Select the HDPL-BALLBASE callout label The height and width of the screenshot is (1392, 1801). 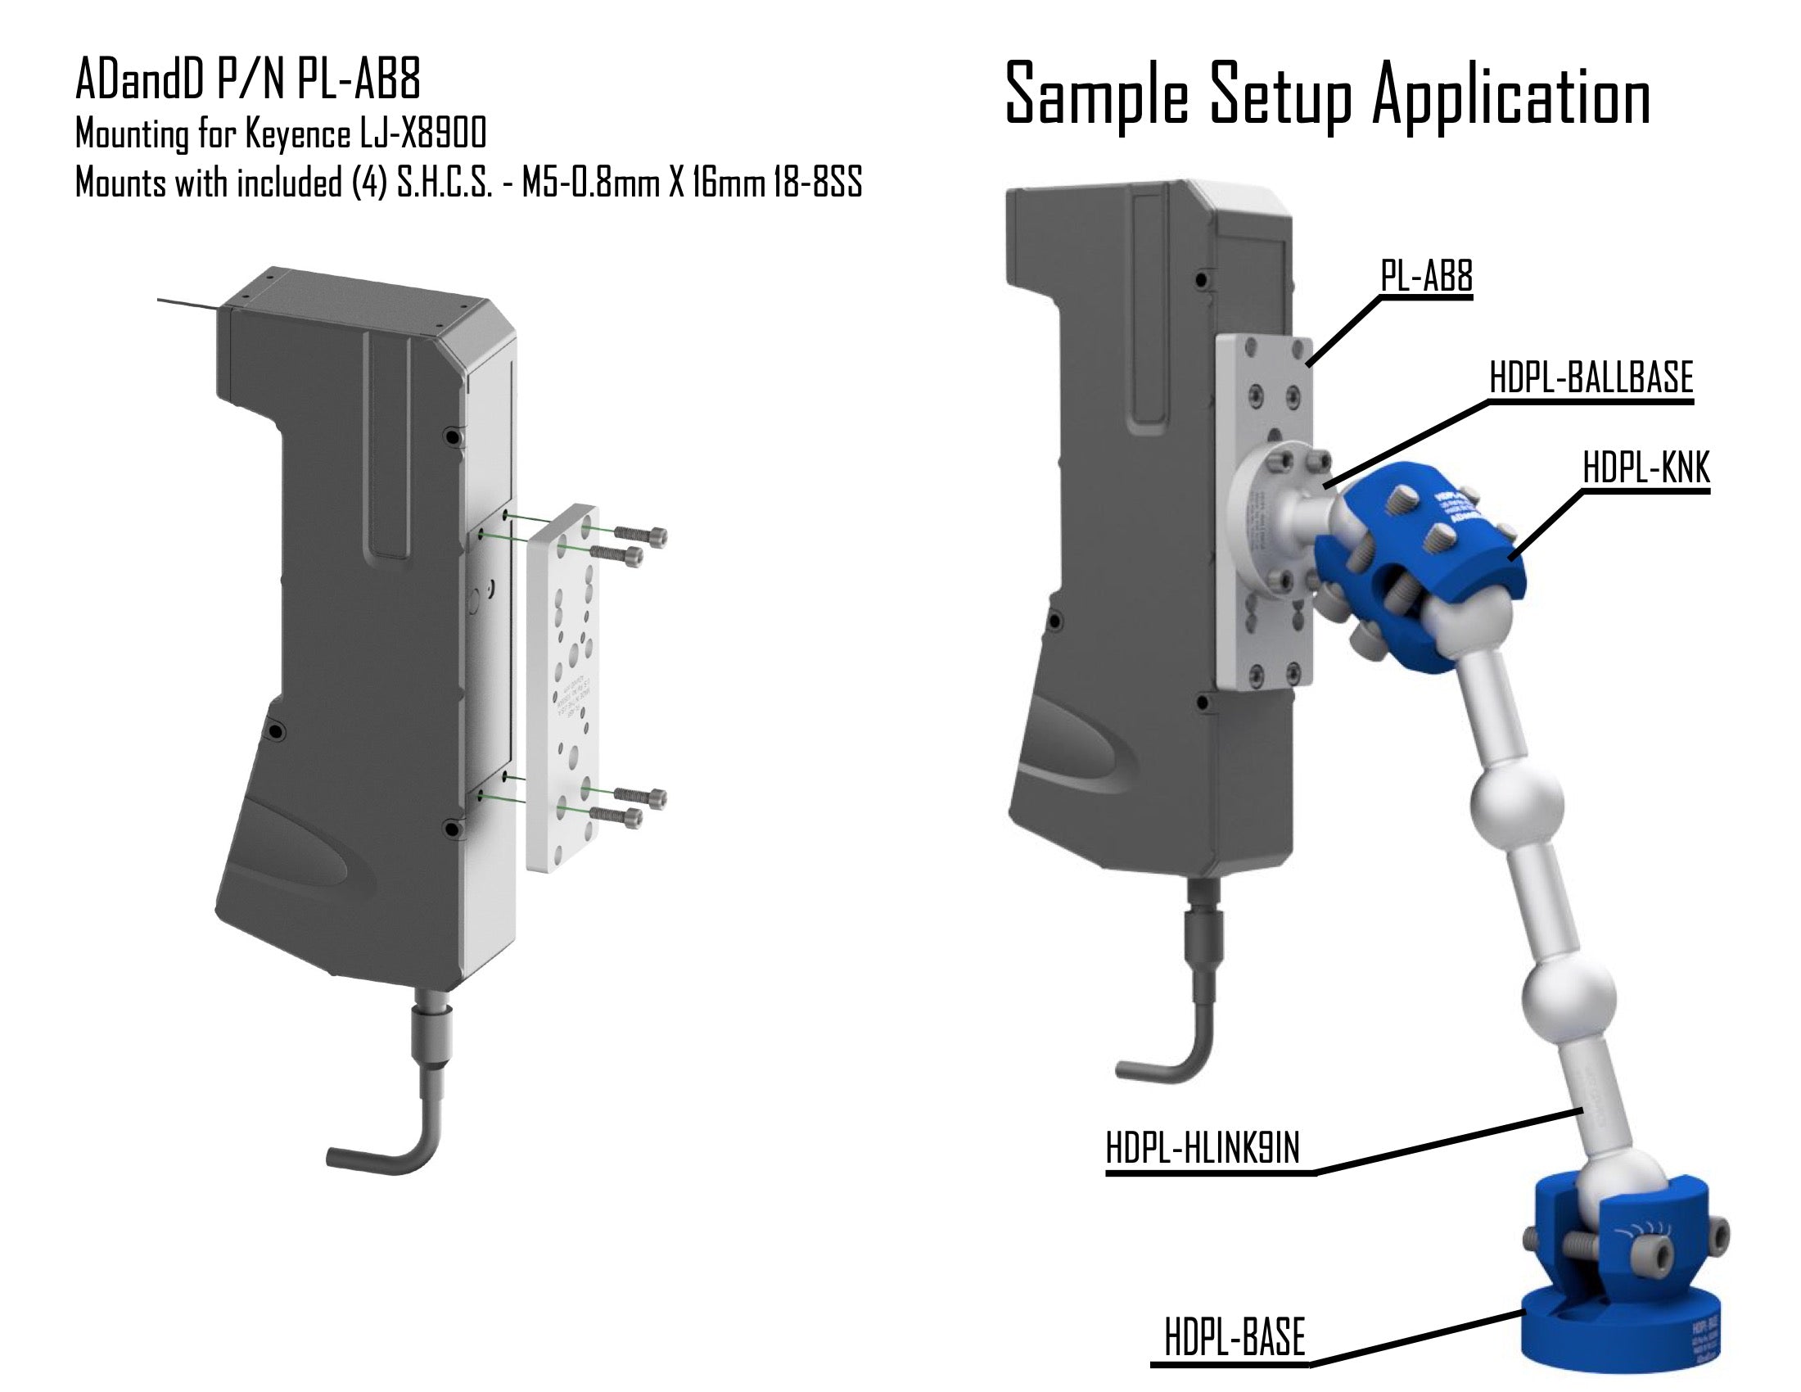(x=1591, y=378)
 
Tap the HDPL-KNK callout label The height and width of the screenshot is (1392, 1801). (x=1646, y=469)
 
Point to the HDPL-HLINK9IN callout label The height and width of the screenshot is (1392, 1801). (x=1203, y=1148)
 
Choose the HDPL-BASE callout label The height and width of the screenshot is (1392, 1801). (x=1235, y=1338)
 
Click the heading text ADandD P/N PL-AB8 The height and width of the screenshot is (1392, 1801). (x=248, y=81)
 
